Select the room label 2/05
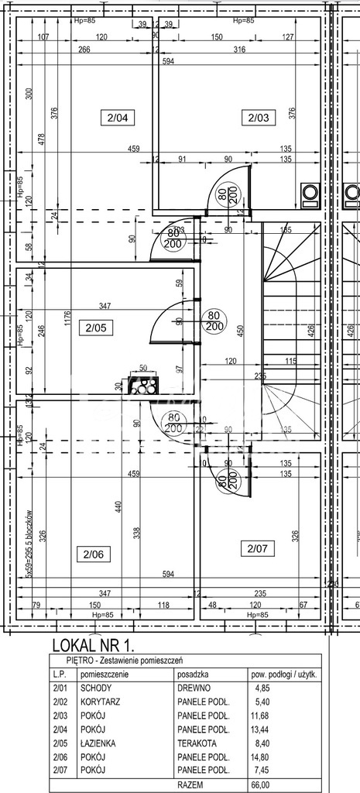[95, 328]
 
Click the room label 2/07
[255, 549]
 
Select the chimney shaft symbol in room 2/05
[143, 385]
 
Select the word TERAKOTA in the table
[199, 743]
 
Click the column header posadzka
[194, 674]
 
